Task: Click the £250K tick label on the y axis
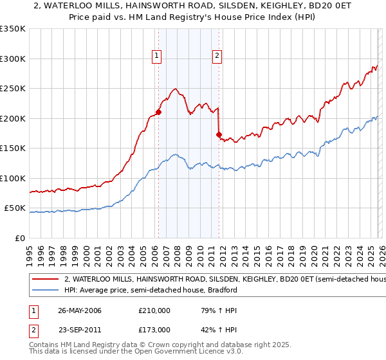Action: (13, 88)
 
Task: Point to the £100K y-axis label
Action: (13, 178)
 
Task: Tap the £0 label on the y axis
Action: (21, 238)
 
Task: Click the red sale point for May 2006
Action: (158, 112)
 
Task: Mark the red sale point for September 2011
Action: (219, 134)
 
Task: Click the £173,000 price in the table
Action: (154, 329)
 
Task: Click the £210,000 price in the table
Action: (154, 310)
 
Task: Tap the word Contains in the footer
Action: (46, 345)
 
